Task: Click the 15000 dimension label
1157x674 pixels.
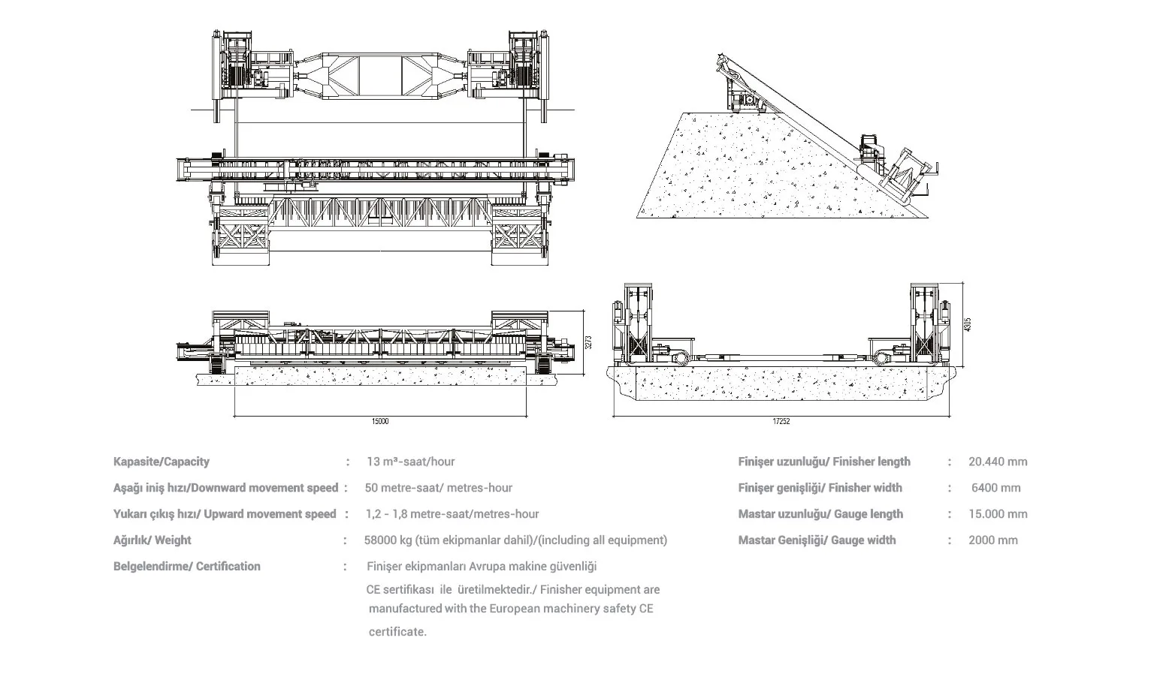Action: pos(380,421)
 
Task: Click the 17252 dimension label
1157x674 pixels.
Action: pos(781,421)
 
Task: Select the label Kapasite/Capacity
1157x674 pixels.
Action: pos(162,462)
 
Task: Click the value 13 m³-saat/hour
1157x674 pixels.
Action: pos(410,462)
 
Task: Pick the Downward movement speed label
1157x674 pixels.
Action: pos(225,488)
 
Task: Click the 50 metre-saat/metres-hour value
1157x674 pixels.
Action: pos(439,488)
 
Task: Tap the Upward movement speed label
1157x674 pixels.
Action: pos(225,514)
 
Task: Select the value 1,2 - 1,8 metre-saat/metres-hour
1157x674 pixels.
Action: pos(452,514)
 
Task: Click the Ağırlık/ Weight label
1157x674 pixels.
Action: pos(153,540)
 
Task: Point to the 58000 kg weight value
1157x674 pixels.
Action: pos(515,540)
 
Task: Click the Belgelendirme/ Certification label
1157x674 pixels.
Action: pos(187,567)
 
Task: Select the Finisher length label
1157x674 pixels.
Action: pos(824,462)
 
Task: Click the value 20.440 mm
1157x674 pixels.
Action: pos(998,462)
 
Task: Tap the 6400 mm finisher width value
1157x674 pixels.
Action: pos(995,488)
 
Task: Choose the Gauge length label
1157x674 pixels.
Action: pos(820,514)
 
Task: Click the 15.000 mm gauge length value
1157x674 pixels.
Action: pos(998,514)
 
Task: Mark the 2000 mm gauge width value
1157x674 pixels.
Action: pos(993,540)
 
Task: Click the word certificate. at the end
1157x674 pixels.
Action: pos(397,632)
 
